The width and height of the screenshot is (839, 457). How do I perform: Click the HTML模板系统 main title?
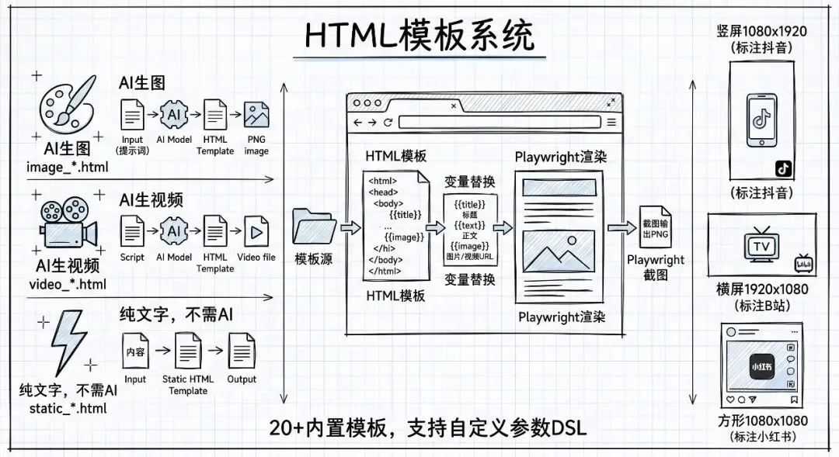(419, 34)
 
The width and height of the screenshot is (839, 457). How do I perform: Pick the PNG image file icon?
(256, 116)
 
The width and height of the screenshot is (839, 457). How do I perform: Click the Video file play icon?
(256, 231)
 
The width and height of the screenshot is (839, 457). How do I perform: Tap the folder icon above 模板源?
(313, 227)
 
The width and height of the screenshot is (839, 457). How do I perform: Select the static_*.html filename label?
(68, 408)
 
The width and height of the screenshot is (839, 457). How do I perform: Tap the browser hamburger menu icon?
(611, 122)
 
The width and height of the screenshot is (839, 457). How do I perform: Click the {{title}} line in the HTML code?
(406, 214)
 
